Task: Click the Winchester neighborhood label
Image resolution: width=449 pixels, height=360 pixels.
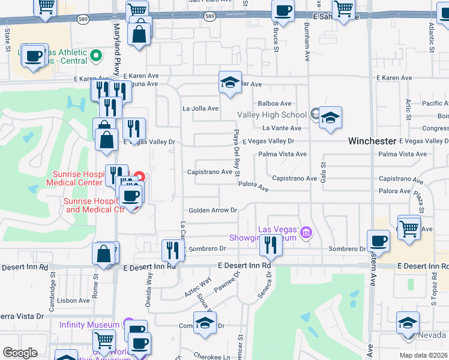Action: pyautogui.click(x=372, y=141)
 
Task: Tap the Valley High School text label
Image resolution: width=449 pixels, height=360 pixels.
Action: pyautogui.click(x=272, y=115)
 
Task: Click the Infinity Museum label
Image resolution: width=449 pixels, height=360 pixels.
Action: pyautogui.click(x=89, y=325)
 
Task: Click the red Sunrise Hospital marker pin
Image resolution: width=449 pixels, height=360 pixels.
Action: pyautogui.click(x=139, y=177)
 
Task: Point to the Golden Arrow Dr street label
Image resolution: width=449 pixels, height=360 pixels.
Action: pyautogui.click(x=214, y=211)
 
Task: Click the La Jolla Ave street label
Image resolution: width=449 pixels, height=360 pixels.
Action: pyautogui.click(x=200, y=109)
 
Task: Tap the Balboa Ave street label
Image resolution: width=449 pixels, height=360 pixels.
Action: pyautogui.click(x=274, y=104)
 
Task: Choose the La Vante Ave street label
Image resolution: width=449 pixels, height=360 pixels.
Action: pyautogui.click(x=282, y=128)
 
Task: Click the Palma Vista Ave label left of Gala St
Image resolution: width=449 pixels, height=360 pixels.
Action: pyautogui.click(x=282, y=154)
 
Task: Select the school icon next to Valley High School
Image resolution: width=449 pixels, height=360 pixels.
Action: pyautogui.click(x=330, y=118)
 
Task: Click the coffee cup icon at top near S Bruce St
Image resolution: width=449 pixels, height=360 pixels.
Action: pyautogui.click(x=283, y=10)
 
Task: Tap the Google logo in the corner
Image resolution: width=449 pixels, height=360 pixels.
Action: pyautogui.click(x=20, y=352)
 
